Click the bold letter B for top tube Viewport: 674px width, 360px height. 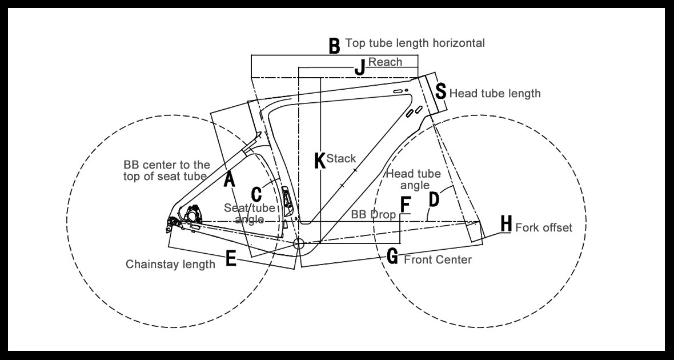[334, 46]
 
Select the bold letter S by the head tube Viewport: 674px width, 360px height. [441, 91]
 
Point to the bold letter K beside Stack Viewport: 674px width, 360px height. [320, 161]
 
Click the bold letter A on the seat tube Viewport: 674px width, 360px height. [229, 180]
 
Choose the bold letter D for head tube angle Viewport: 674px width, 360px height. [434, 199]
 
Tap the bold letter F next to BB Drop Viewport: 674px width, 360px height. [405, 204]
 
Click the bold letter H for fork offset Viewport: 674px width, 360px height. [505, 225]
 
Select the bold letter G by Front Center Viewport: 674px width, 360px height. [392, 257]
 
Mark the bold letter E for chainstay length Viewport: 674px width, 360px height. [231, 260]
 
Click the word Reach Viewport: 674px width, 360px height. [386, 62]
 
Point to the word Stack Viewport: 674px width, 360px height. [341, 158]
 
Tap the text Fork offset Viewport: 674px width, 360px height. [543, 227]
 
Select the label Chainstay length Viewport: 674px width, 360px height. [170, 264]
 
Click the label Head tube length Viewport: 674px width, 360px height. [495, 93]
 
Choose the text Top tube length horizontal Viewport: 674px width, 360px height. [415, 43]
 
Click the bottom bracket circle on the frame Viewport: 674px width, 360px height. [298, 244]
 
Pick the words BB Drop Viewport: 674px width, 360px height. [374, 214]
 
